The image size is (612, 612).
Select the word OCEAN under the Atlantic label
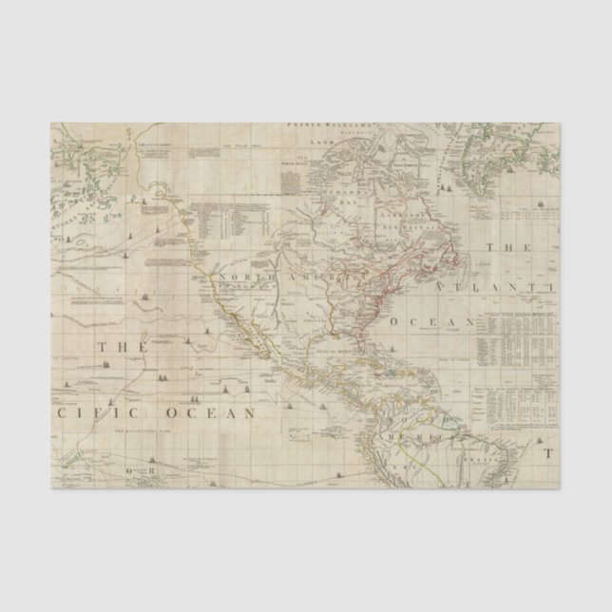[x=442, y=323]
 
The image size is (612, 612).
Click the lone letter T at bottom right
[x=548, y=454]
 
